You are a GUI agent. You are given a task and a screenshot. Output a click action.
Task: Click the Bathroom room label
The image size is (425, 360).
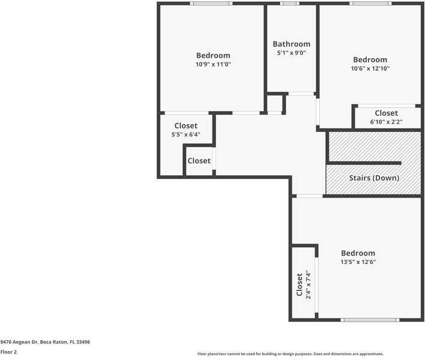(291, 44)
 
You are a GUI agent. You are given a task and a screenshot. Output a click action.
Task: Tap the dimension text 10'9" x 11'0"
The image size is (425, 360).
(213, 64)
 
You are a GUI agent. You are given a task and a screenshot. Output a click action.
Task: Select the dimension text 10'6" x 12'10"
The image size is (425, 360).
(370, 68)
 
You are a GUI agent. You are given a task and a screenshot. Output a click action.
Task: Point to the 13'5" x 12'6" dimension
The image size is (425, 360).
(358, 262)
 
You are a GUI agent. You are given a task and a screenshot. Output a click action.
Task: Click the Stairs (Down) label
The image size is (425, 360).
(374, 178)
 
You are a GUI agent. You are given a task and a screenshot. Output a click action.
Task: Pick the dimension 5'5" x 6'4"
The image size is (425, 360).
(185, 134)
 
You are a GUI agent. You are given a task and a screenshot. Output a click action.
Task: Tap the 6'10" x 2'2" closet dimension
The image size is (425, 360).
(386, 122)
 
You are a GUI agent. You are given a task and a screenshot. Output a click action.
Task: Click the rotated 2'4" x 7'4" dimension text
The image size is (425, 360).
(308, 284)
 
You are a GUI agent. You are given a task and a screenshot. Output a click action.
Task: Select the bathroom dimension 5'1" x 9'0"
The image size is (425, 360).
(291, 53)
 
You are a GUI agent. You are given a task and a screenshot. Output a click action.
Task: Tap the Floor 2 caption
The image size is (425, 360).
(8, 352)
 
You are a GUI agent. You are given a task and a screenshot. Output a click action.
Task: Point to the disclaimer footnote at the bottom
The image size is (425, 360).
(290, 354)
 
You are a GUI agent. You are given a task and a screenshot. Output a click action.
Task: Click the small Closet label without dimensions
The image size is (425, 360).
(199, 161)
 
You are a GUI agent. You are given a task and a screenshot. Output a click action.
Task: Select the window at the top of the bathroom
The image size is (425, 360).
(290, 4)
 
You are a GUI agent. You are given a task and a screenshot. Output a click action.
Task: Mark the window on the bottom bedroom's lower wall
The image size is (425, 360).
(370, 320)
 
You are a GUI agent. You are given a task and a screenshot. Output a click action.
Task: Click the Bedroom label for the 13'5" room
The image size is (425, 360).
(358, 253)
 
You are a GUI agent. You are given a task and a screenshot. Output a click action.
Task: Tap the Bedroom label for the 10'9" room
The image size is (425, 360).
(213, 55)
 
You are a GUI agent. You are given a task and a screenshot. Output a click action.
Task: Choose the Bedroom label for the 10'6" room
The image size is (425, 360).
(370, 59)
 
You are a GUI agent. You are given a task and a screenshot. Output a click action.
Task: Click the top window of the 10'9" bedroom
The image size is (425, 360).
(211, 4)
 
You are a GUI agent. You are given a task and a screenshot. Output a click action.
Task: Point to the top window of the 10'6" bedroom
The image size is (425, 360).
(370, 4)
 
